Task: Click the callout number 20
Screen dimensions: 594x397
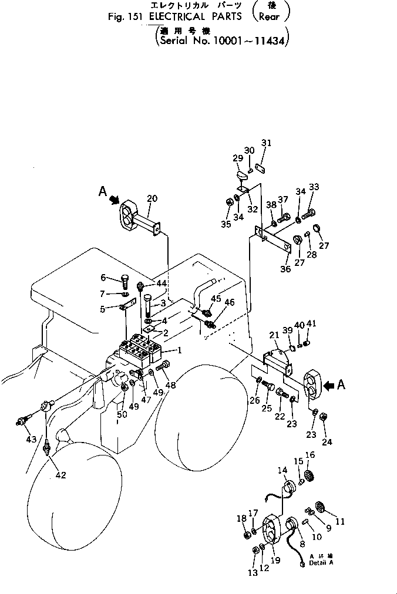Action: tap(152, 198)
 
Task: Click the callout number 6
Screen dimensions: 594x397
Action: tap(103, 278)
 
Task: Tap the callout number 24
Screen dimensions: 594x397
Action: tap(327, 441)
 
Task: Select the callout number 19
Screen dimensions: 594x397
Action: tap(275, 561)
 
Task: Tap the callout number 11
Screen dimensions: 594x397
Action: tap(340, 521)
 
